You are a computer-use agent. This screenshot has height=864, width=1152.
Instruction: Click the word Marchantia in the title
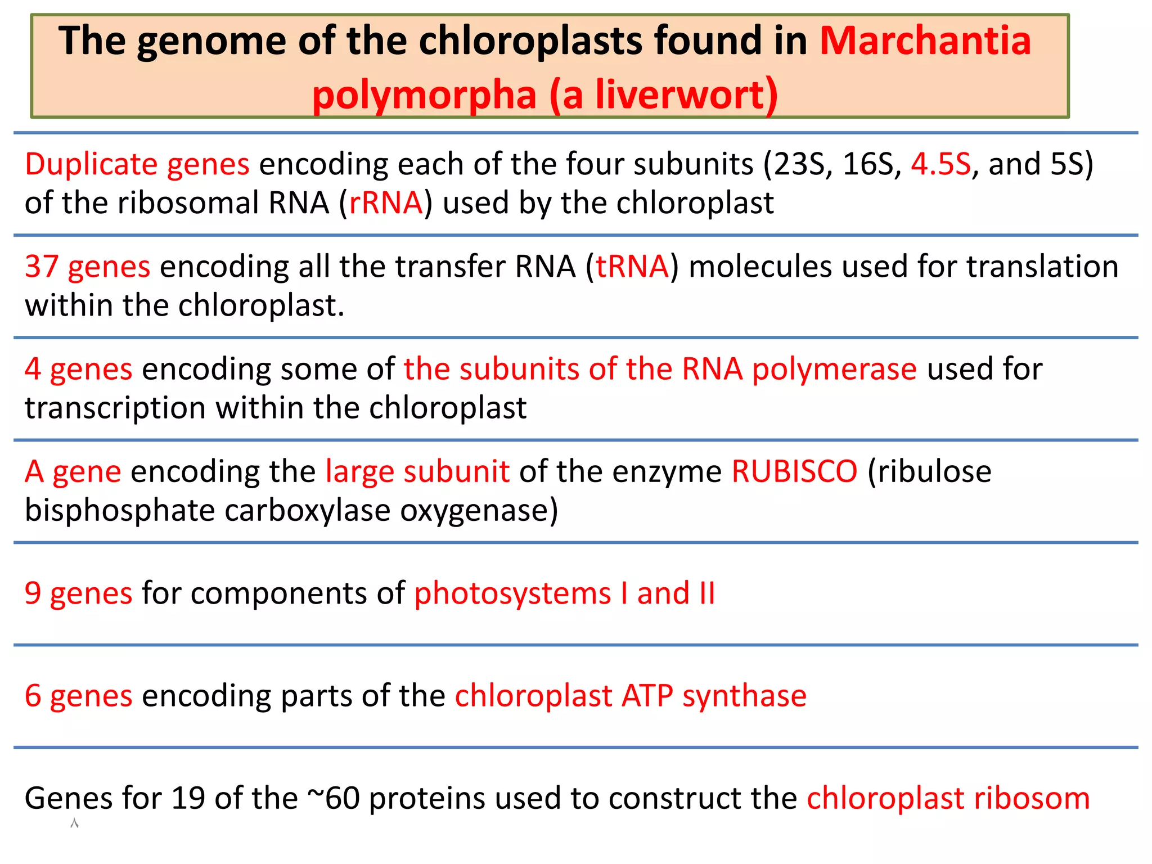(925, 41)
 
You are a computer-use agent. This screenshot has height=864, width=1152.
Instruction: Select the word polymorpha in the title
(424, 94)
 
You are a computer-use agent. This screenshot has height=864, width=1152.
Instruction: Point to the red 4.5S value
(940, 164)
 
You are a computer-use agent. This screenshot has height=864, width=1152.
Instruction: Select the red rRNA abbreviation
(386, 202)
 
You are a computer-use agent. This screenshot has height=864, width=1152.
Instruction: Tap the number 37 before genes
(42, 267)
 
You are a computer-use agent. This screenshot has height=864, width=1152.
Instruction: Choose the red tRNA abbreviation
(632, 267)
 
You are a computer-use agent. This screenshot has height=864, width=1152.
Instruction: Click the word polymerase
(834, 370)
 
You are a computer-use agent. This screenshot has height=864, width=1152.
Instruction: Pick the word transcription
(115, 408)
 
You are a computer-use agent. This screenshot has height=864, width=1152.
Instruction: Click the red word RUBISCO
(794, 471)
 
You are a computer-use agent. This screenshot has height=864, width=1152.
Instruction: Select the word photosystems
(512, 593)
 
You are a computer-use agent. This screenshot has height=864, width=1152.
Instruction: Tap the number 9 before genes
(33, 593)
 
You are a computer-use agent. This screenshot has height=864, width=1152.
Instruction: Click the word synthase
(744, 696)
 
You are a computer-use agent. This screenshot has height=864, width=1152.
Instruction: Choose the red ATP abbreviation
(647, 696)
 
